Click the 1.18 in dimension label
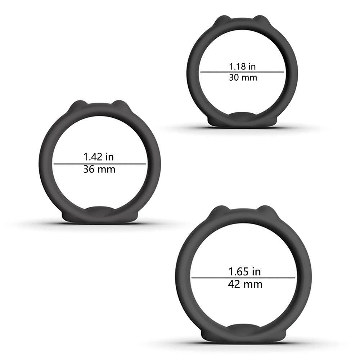[242, 67]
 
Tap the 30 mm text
[243, 77]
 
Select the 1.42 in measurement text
[99, 157]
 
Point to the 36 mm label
[99, 170]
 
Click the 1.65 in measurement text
[244, 272]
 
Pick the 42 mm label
[245, 284]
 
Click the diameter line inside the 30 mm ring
[242, 72]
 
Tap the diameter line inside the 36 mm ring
[100, 164]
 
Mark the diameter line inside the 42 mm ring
[243, 278]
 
